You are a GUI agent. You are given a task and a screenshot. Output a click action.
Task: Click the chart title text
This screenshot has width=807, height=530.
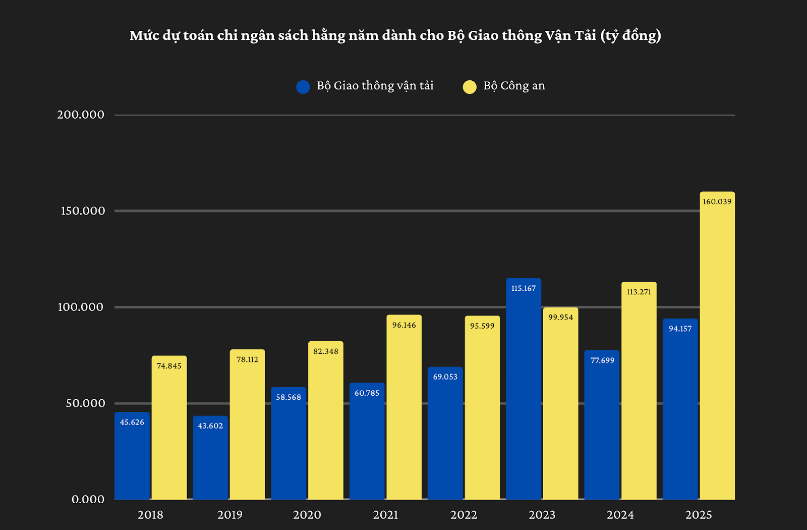pos(395,35)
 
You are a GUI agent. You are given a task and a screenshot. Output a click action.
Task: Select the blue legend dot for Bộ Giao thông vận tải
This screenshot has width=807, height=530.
pos(303,87)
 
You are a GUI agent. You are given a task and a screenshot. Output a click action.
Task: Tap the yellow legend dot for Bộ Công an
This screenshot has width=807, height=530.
pos(470,87)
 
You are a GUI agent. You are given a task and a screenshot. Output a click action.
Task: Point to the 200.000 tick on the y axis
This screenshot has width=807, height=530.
pos(81,115)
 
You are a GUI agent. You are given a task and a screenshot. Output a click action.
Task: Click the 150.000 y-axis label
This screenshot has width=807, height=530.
pos(83,211)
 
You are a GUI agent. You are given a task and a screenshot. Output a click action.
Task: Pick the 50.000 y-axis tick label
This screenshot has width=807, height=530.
pos(85,403)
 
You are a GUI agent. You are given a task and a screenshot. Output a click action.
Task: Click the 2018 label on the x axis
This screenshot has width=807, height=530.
pos(150,515)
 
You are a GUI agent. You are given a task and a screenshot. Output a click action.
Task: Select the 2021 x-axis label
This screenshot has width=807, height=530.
pos(386,515)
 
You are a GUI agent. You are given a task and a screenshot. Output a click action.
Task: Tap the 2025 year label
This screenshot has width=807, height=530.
pos(699,515)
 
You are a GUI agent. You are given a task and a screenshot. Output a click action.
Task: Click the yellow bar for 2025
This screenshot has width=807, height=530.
pos(717,353)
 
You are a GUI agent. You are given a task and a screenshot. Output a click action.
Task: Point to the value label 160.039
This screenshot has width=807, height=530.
pos(717,201)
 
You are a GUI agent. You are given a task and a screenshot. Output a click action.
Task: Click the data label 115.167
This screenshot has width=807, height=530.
pos(523,288)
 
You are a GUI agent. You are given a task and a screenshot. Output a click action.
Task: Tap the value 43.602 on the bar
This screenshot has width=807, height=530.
pos(210,426)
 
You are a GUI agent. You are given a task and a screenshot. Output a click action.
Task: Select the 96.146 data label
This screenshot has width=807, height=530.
pos(404,325)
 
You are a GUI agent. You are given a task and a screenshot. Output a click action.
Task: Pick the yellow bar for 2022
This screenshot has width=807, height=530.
pos(482,414)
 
